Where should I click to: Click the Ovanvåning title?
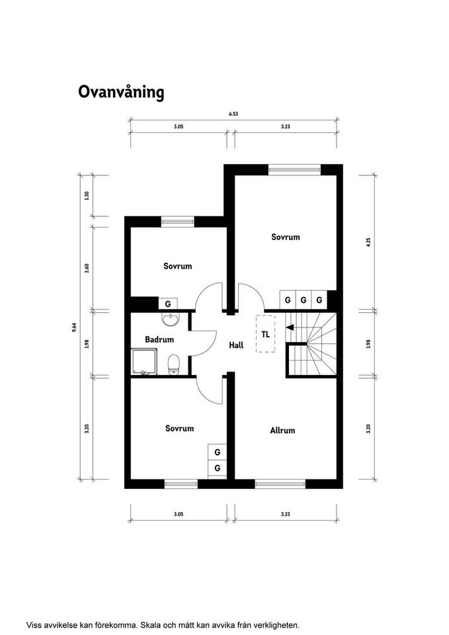point(121,93)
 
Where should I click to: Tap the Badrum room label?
point(159,339)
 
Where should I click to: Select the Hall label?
point(236,345)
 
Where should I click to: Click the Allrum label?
point(282,430)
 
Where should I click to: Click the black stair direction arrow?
point(290,327)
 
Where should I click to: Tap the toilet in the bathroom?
point(174,364)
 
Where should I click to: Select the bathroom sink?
point(170,319)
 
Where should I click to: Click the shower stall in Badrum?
point(144,362)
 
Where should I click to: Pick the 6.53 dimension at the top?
point(233,114)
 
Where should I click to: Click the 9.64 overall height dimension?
point(74,327)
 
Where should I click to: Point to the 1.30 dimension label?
point(86,196)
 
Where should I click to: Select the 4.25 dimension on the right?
point(368,242)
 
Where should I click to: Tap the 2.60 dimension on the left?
point(87,268)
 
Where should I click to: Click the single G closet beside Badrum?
point(167,304)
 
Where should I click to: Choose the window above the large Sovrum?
point(294,170)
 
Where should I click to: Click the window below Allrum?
point(280,484)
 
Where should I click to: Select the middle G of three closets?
point(304,300)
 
